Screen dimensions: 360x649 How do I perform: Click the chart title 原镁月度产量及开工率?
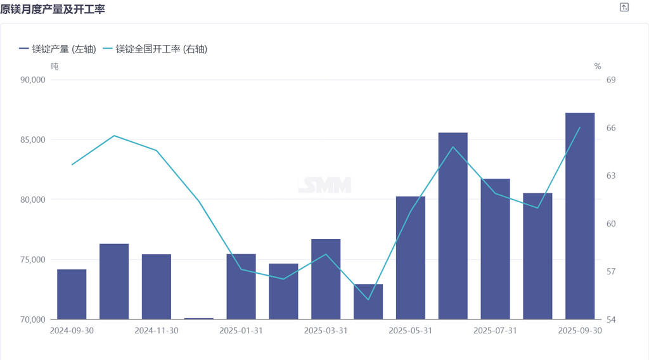(x=53, y=9)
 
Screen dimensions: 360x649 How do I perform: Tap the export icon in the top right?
(x=624, y=8)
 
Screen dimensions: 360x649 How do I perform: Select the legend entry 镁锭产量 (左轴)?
(x=58, y=49)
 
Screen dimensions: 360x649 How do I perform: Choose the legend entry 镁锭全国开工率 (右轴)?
(x=155, y=49)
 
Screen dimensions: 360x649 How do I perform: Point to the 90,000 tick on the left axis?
(x=33, y=80)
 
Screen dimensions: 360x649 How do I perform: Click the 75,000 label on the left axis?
(x=33, y=260)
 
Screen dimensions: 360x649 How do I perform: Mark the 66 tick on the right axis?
(x=611, y=128)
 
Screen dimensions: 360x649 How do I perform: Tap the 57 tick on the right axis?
(x=611, y=272)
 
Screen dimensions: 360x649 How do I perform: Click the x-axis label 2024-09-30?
(x=72, y=331)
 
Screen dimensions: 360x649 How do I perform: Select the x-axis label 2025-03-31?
(x=326, y=331)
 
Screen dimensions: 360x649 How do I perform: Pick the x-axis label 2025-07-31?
(x=495, y=331)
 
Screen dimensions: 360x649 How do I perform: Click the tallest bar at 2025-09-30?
(x=580, y=215)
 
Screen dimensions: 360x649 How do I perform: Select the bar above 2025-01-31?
(x=241, y=286)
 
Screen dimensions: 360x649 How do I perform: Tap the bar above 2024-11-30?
(x=157, y=286)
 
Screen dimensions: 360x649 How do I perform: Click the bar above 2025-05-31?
(x=411, y=258)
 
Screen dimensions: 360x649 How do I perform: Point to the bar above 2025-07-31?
(x=495, y=249)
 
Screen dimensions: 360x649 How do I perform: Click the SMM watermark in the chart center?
(x=324, y=185)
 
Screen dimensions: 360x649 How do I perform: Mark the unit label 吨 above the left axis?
(x=54, y=66)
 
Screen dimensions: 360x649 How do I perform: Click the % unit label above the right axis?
(x=598, y=66)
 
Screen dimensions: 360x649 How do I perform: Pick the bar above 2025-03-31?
(x=326, y=279)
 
